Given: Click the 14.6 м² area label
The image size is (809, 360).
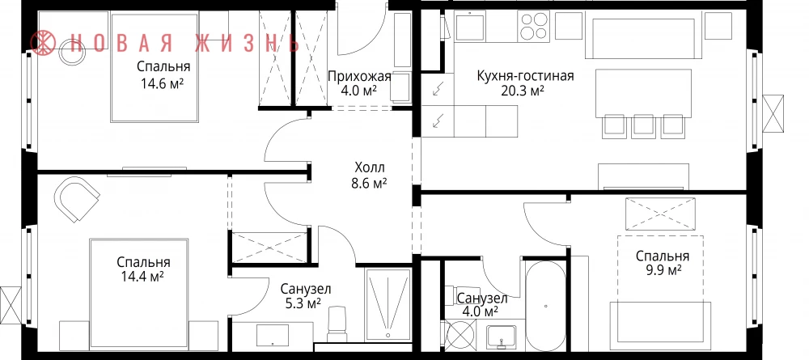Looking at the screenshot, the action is coord(163,83).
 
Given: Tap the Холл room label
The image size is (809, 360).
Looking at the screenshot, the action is coord(370,167).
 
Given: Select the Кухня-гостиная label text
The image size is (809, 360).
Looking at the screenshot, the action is coord(525,77).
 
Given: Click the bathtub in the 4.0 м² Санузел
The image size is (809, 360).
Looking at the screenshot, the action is coord(546,306).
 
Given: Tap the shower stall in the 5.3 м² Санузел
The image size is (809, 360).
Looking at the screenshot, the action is coord(388,304).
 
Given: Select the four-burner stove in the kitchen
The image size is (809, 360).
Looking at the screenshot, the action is coord(535,27).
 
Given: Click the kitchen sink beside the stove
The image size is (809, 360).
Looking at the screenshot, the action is coord(469,27).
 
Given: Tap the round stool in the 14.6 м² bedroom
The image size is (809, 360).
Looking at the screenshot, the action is coord(69,53).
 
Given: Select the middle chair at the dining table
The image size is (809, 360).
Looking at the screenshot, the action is coord(643,126).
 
